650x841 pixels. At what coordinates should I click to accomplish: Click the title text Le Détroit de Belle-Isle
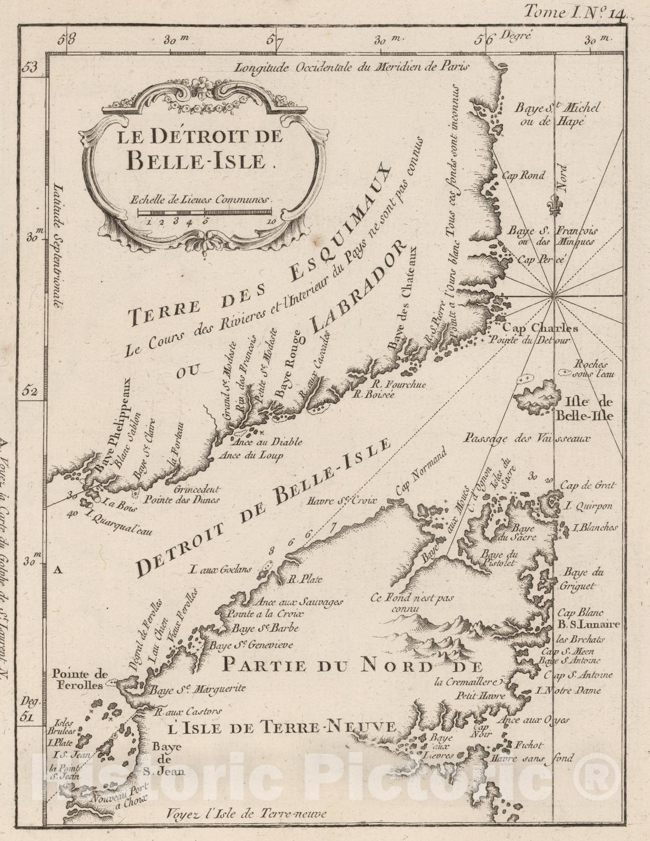coord(200,148)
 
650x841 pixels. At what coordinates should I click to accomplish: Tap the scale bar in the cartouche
coord(204,212)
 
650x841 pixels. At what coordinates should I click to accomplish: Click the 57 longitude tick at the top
coord(274,39)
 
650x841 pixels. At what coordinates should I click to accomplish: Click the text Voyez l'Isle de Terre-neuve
coord(245,814)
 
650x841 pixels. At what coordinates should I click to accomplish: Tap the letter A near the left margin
coord(58,568)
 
